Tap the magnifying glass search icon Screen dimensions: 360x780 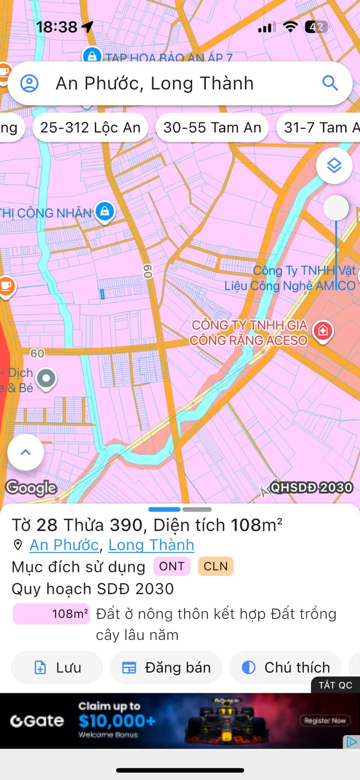[x=330, y=83]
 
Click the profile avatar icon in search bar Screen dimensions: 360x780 [x=29, y=83]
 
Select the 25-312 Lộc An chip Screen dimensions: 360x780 [x=90, y=127]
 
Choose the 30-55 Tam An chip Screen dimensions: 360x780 [x=212, y=127]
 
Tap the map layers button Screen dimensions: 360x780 [x=334, y=165]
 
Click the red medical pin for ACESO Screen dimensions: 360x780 [x=323, y=330]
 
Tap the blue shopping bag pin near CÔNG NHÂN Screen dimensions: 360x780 [x=104, y=211]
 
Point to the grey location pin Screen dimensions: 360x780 [x=46, y=378]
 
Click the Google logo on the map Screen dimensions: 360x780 [x=31, y=487]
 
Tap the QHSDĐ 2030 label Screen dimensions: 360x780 [x=312, y=487]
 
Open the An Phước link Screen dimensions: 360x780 [x=64, y=545]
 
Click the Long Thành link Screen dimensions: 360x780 [x=151, y=545]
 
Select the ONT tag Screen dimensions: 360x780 [x=172, y=566]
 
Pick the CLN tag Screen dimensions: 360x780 [x=215, y=566]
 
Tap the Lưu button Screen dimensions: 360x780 [x=57, y=667]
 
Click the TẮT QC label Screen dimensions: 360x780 [x=335, y=685]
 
